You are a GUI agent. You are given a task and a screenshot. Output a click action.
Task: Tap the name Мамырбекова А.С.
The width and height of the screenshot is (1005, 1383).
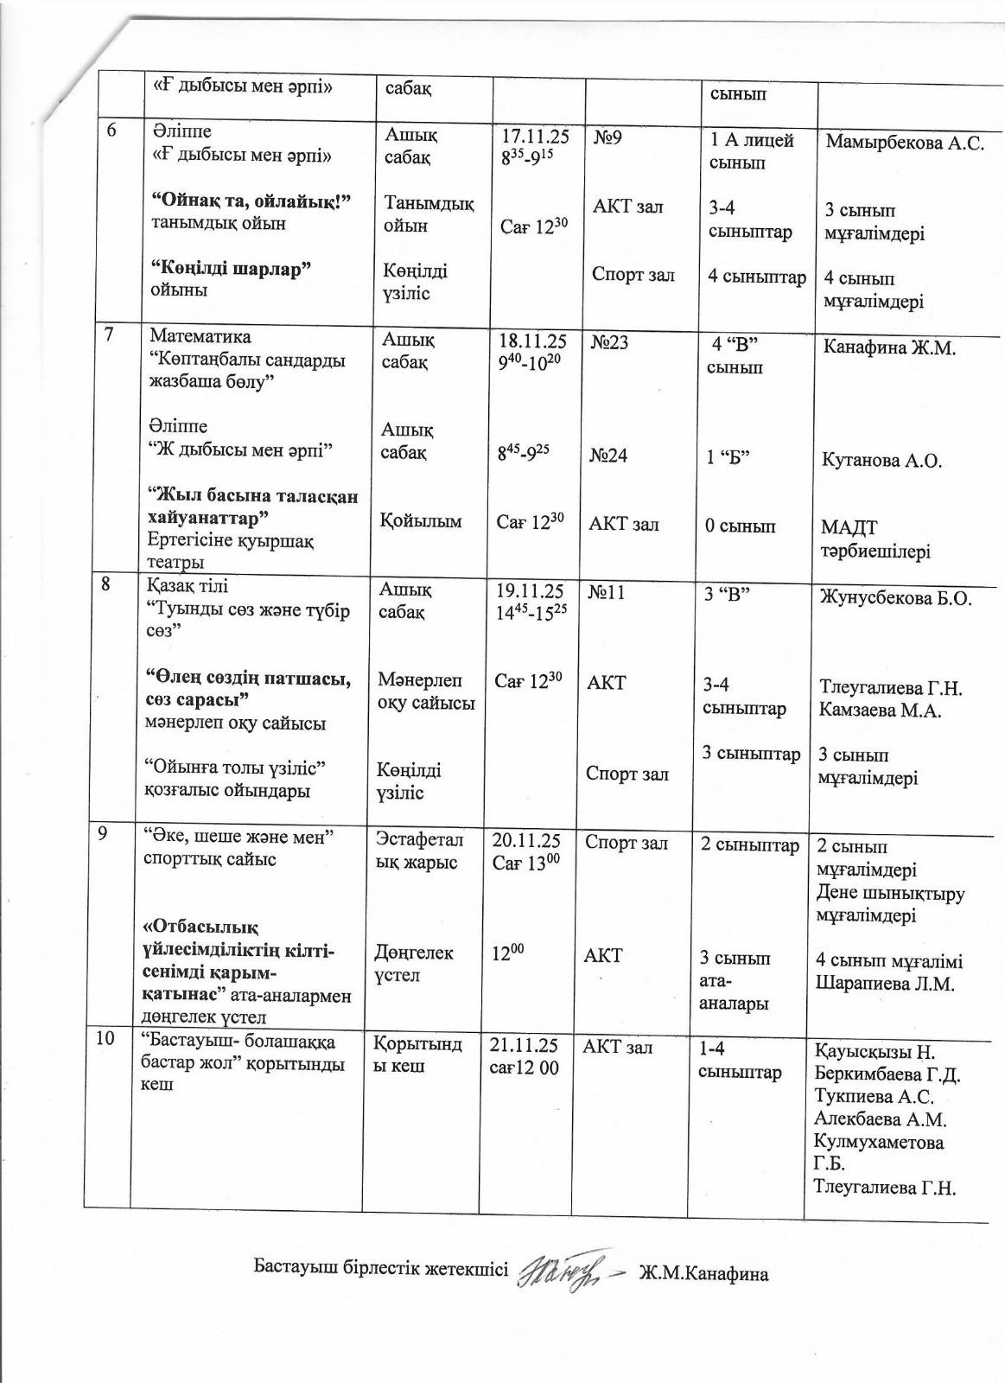tap(904, 144)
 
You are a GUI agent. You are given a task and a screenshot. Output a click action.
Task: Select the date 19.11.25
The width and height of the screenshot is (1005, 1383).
tap(530, 591)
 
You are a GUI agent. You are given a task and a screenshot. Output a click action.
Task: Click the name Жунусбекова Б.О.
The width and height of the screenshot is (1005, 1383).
tap(897, 598)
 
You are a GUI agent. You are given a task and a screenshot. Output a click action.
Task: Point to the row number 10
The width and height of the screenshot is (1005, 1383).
tap(105, 1039)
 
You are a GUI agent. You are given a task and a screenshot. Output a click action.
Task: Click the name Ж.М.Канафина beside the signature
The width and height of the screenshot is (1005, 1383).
tap(703, 1273)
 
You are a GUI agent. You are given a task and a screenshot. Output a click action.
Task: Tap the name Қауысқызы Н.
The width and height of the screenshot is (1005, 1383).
tap(875, 1052)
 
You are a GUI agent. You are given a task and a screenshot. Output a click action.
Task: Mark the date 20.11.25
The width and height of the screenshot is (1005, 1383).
tap(526, 841)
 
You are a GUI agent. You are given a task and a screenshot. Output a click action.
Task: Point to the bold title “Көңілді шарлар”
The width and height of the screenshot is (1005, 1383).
tap(231, 268)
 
